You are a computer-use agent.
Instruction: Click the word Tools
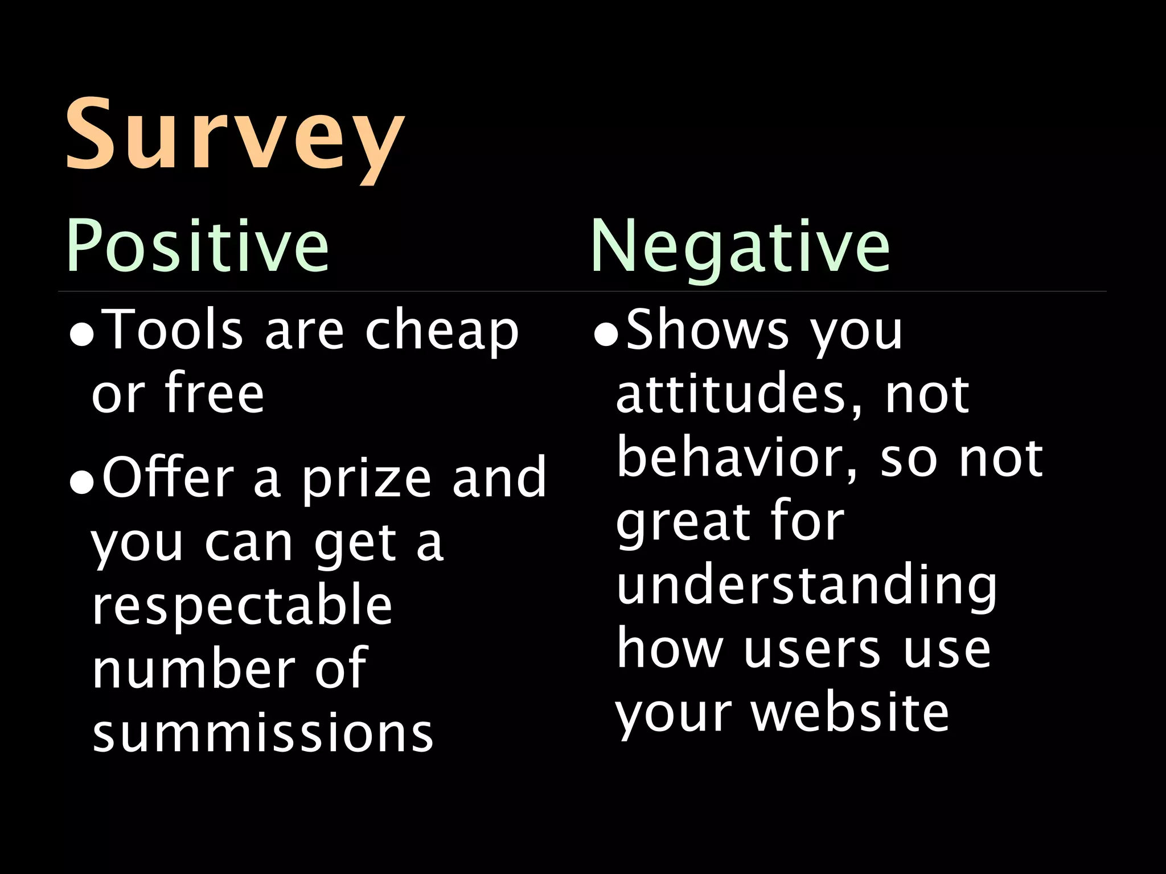(x=175, y=330)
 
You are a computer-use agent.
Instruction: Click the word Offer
(x=168, y=477)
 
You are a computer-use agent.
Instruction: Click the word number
(x=194, y=668)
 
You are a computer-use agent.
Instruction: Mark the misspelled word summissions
(x=263, y=733)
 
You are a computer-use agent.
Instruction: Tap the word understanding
(x=806, y=586)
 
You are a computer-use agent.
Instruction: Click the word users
(x=811, y=650)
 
